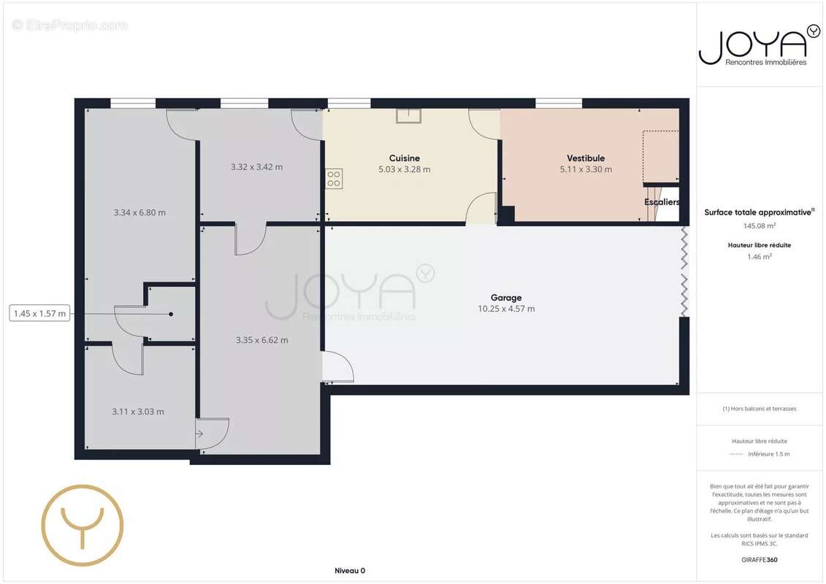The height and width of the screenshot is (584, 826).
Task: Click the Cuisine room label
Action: (x=404, y=158)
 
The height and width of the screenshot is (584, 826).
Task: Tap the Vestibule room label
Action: (x=585, y=158)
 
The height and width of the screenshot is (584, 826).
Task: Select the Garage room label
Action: (x=505, y=298)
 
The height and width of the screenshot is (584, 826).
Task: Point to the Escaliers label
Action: (x=662, y=201)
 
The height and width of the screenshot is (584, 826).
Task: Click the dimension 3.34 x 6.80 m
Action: (x=139, y=212)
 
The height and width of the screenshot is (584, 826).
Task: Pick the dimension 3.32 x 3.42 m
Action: (x=256, y=167)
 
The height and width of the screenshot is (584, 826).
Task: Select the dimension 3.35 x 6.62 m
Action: (x=261, y=340)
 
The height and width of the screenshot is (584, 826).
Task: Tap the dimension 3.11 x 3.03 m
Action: (x=137, y=412)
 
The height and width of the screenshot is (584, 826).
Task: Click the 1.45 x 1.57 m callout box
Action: (x=40, y=313)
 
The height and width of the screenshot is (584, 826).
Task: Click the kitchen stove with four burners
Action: (x=334, y=179)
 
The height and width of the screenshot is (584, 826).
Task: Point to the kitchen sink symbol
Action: (x=409, y=116)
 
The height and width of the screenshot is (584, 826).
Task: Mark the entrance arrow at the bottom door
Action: (x=199, y=434)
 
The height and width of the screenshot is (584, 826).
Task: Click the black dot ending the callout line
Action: (x=171, y=315)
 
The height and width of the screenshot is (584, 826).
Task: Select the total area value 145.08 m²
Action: (x=759, y=226)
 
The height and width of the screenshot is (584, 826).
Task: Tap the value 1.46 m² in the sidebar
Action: (x=759, y=257)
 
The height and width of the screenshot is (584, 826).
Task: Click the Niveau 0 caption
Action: (x=350, y=571)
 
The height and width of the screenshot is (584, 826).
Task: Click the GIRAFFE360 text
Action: (x=759, y=560)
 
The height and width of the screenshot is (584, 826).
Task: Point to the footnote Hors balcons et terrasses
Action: (x=759, y=409)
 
